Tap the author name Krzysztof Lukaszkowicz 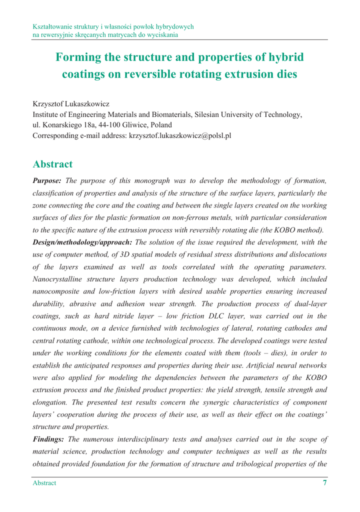(x=71, y=104)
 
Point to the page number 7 (x=325, y=483)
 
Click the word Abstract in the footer (x=44, y=483)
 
